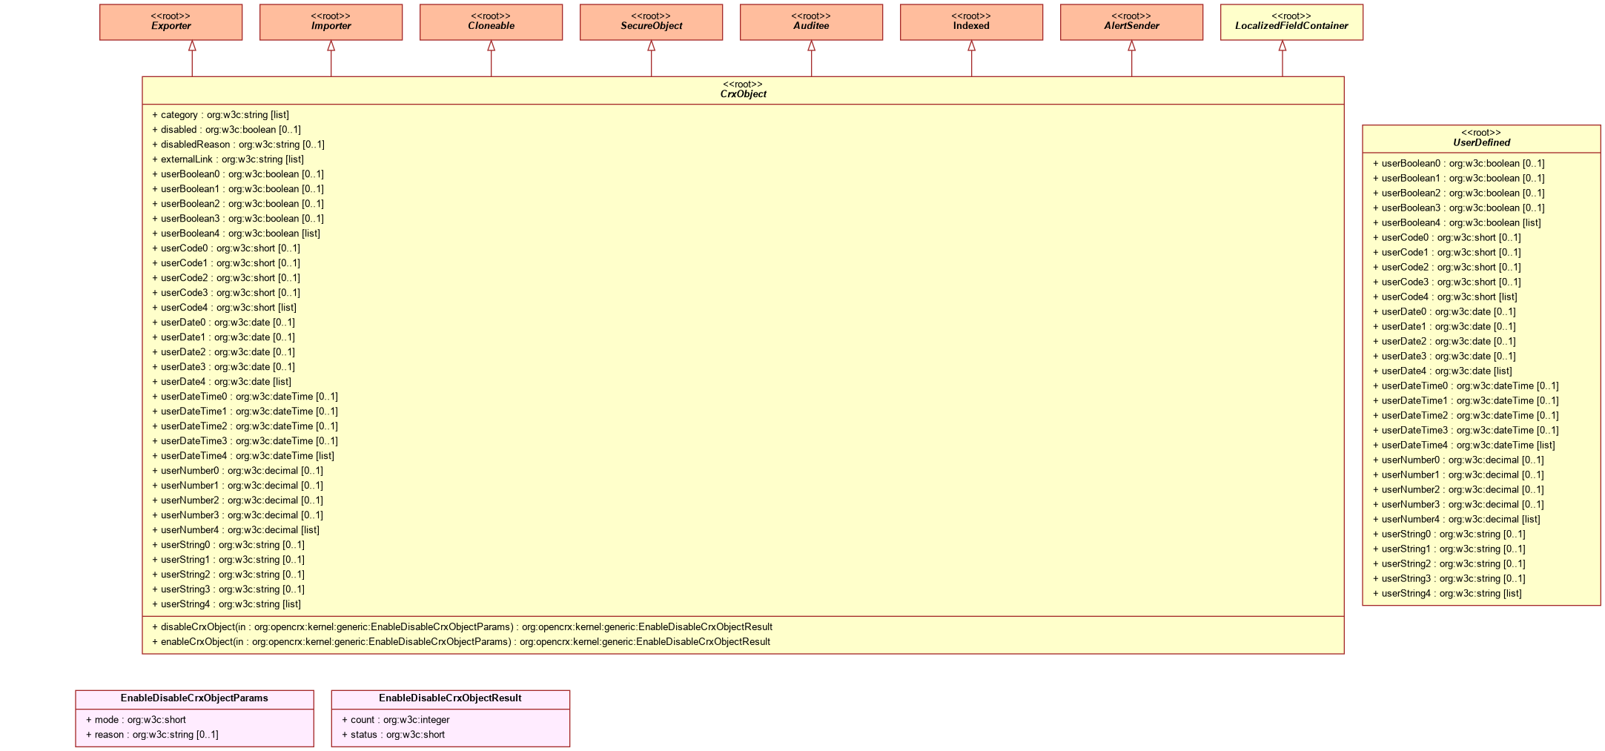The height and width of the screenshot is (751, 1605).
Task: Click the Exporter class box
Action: (x=171, y=22)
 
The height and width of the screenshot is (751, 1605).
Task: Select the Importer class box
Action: (x=331, y=22)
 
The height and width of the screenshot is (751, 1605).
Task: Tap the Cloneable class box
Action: (x=491, y=22)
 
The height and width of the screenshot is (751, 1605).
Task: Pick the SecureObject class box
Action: (x=651, y=22)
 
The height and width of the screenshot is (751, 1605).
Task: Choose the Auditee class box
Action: (x=811, y=22)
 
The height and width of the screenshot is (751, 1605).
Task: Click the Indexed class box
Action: (x=971, y=22)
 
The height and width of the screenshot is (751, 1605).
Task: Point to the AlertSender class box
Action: (x=1131, y=22)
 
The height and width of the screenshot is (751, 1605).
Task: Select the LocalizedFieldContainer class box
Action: (x=1291, y=22)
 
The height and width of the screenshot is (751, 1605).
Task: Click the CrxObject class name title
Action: (x=743, y=94)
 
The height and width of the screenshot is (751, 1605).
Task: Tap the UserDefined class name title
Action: (x=1481, y=143)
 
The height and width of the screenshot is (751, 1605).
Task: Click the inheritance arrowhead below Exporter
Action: (x=192, y=46)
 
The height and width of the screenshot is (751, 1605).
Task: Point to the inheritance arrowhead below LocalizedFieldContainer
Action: (x=1283, y=46)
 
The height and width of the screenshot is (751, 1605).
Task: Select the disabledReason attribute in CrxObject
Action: (x=238, y=145)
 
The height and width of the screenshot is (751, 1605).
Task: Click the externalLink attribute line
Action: (x=228, y=159)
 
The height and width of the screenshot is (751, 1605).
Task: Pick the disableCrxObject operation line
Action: (x=462, y=627)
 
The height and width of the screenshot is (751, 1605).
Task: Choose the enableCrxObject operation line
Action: (x=460, y=642)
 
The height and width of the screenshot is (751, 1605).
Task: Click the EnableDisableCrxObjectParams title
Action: (x=194, y=698)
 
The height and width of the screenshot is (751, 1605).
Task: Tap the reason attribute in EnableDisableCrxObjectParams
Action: (x=152, y=735)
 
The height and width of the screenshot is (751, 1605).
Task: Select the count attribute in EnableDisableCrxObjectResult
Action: (x=395, y=720)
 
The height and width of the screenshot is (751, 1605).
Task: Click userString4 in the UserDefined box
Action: (x=1446, y=594)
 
